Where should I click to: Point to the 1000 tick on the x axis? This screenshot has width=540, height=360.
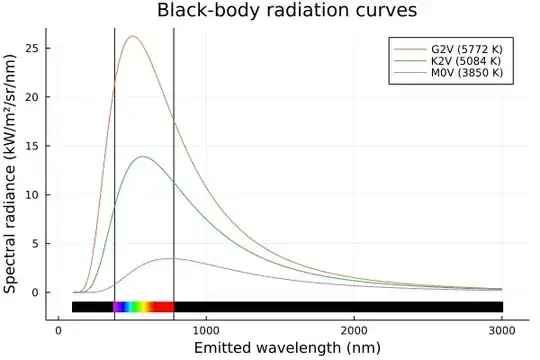pyautogui.click(x=206, y=328)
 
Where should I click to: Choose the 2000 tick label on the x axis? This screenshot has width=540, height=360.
pyautogui.click(x=354, y=328)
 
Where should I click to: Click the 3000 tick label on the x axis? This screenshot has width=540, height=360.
pyautogui.click(x=502, y=328)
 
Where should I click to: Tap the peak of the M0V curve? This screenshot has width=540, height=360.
pyautogui.click(x=170, y=258)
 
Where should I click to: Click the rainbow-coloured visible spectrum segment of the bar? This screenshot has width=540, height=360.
pyautogui.click(x=144, y=307)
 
